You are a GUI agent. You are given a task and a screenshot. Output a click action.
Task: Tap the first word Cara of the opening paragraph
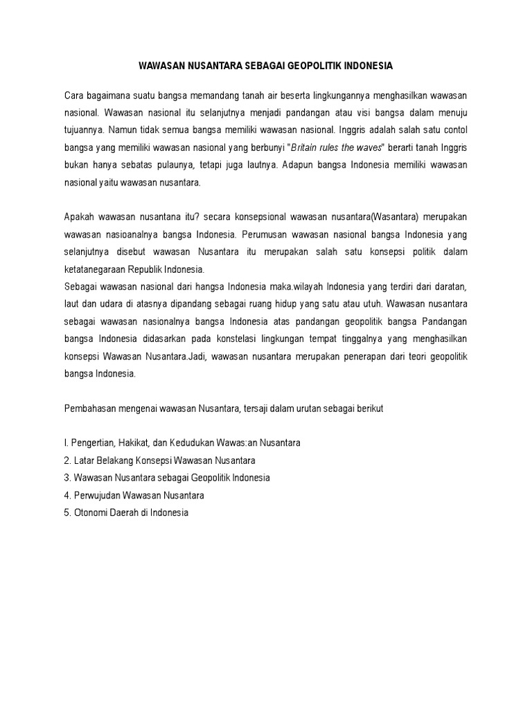pos(75,93)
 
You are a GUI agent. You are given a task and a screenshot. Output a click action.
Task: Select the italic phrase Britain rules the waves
pos(337,147)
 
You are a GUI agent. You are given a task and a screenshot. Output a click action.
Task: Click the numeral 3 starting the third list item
pos(67,478)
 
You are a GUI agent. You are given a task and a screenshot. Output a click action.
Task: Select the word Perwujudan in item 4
pos(103,496)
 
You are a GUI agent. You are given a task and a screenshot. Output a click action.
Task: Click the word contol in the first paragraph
pos(454,129)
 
